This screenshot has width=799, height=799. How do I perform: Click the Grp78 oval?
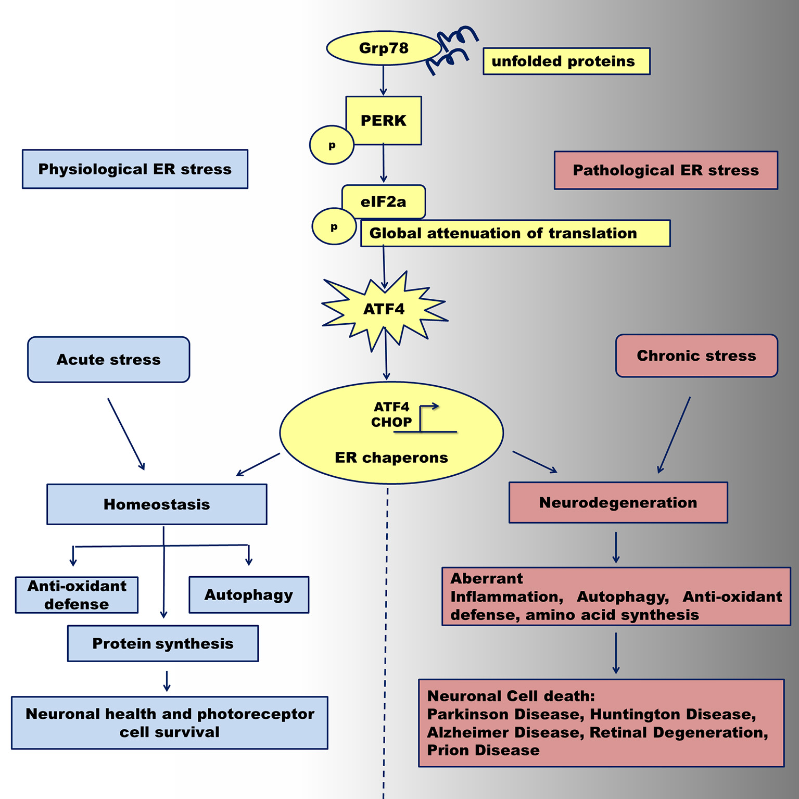coord(384,48)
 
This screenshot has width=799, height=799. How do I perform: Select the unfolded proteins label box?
coord(566,61)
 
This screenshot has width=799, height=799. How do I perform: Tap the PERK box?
coord(384,120)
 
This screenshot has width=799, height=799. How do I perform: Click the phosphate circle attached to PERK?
coord(332,145)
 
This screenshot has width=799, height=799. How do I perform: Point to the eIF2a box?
coord(384,201)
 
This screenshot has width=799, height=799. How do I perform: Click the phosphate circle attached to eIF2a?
coord(334,227)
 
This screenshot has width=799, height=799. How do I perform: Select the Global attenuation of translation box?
coord(515,233)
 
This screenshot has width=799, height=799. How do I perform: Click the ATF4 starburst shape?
coord(384,309)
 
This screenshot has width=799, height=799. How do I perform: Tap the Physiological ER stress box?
coord(135,169)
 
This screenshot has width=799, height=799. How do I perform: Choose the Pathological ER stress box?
coord(666,170)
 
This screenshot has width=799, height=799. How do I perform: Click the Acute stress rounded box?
coord(108,360)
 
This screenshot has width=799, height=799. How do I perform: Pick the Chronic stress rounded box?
coord(696,356)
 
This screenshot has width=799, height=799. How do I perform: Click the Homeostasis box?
coord(157,504)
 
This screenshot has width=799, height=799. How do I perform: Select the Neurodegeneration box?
coord(618,502)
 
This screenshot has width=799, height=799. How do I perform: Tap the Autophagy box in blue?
coord(249,594)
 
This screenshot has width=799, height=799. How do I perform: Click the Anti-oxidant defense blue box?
coord(77,595)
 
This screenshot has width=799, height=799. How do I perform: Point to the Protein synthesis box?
coord(163,643)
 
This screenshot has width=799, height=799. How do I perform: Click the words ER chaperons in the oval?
coord(391,458)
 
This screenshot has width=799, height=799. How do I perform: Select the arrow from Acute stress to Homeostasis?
coord(126,434)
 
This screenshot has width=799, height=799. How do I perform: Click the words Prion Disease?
coord(483,751)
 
